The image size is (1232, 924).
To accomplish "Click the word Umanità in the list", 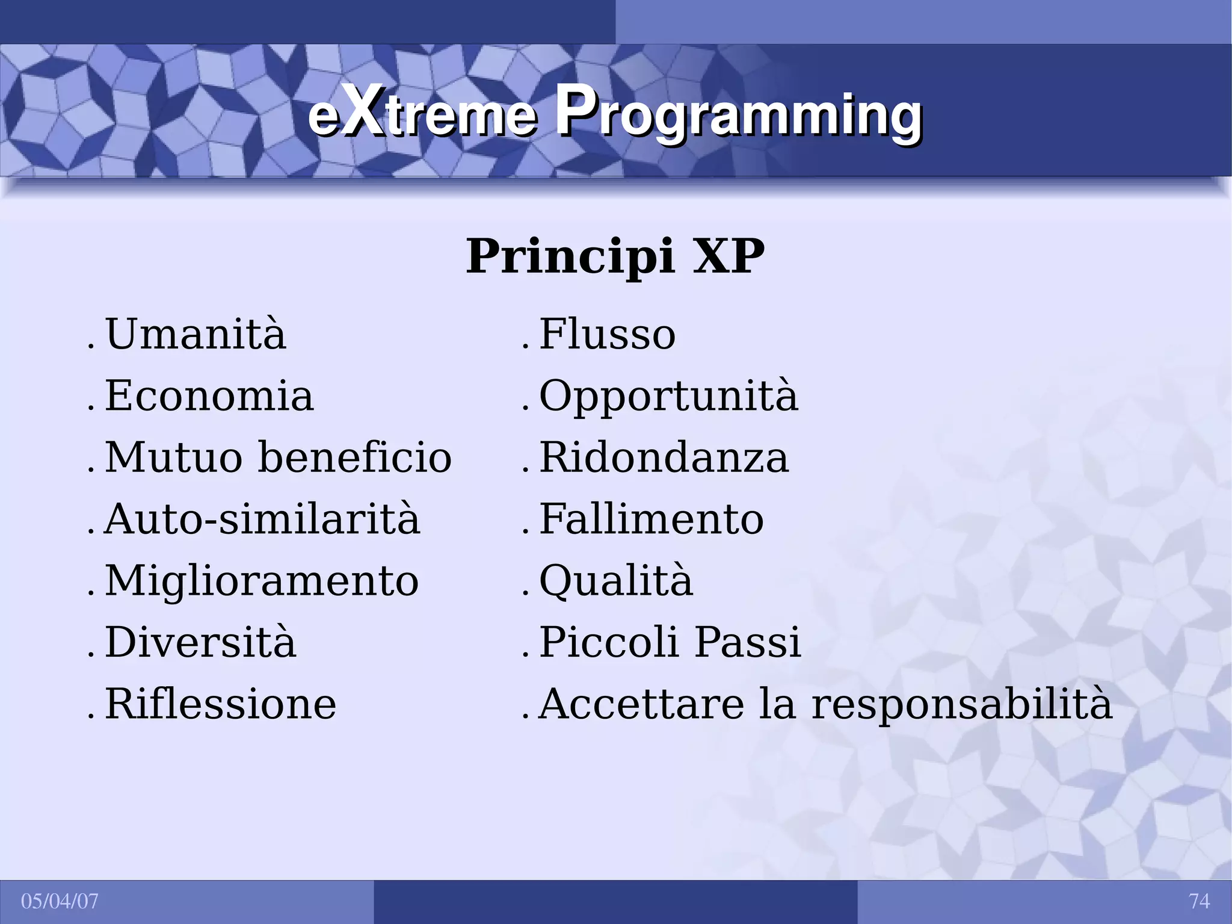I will pyautogui.click(x=196, y=334).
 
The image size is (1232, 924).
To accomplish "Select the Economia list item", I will pyautogui.click(x=209, y=396).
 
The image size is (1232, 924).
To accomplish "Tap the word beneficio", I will pyautogui.click(x=355, y=457).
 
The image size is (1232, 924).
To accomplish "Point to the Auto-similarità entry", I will pyautogui.click(x=262, y=519).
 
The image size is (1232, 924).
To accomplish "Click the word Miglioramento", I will pyautogui.click(x=262, y=581).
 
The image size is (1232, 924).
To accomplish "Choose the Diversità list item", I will pyautogui.click(x=201, y=642).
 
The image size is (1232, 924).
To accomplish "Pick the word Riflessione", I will pyautogui.click(x=221, y=704).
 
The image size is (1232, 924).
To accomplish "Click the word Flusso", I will pyautogui.click(x=608, y=334).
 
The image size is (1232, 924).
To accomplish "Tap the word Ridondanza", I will pyautogui.click(x=664, y=457).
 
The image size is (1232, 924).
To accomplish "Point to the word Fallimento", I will pyautogui.click(x=651, y=519).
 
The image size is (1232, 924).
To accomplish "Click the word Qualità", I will pyautogui.click(x=616, y=582).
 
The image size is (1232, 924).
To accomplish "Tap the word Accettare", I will pyautogui.click(x=641, y=704).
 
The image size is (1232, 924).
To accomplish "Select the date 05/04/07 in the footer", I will pyautogui.click(x=60, y=901).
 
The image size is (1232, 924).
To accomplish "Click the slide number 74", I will pyautogui.click(x=1200, y=901).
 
